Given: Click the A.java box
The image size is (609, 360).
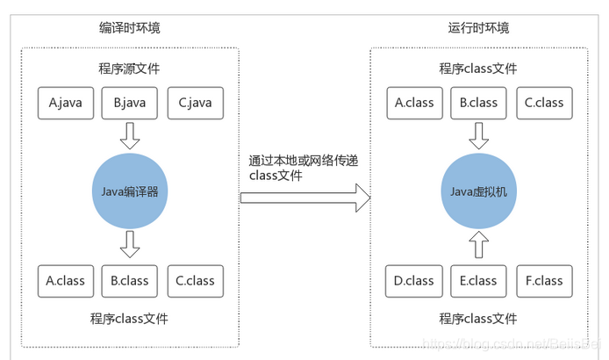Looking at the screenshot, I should pyautogui.click(x=66, y=103).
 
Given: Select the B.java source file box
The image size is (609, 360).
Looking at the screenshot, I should pyautogui.click(x=130, y=103).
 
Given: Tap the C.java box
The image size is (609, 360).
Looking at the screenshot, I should pyautogui.click(x=195, y=103).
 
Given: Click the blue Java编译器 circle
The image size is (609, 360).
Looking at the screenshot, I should pyautogui.click(x=130, y=191).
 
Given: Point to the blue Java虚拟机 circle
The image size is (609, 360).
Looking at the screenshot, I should pyautogui.click(x=478, y=191).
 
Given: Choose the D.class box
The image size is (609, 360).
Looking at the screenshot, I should pyautogui.click(x=414, y=281).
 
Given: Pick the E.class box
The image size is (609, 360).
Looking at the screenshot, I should pyautogui.click(x=478, y=281).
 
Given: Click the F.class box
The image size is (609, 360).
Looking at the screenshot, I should pyautogui.click(x=543, y=281).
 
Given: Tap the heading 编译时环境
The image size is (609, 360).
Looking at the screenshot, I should pyautogui.click(x=130, y=28).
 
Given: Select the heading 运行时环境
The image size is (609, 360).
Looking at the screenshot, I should pyautogui.click(x=478, y=28).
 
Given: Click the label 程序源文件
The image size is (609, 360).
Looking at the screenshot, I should pyautogui.click(x=130, y=69).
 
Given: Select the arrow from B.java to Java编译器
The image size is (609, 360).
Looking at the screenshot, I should pyautogui.click(x=130, y=136).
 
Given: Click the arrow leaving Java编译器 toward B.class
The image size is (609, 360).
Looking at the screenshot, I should pyautogui.click(x=130, y=244).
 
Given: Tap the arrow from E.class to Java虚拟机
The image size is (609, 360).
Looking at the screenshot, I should pyautogui.click(x=478, y=244).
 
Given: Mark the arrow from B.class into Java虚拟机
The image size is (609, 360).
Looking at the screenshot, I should pyautogui.click(x=478, y=136).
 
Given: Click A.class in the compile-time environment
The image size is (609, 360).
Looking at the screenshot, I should pyautogui.click(x=66, y=281).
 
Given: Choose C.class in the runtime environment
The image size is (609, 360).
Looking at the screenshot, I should pyautogui.click(x=543, y=103).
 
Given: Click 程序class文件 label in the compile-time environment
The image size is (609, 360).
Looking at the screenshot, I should pyautogui.click(x=130, y=319).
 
